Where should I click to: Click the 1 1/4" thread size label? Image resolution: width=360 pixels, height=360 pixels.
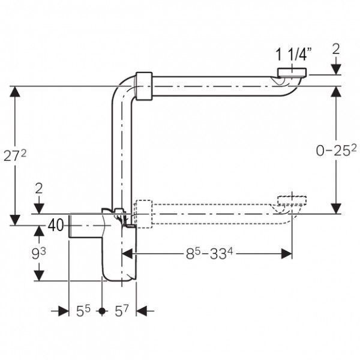point(293,55)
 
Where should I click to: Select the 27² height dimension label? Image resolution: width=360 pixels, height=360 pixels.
point(15,156)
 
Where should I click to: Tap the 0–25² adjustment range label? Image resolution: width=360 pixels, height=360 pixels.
point(337,151)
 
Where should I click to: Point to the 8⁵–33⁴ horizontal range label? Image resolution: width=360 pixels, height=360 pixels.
point(209,254)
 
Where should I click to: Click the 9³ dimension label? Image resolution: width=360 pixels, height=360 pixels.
point(38,253)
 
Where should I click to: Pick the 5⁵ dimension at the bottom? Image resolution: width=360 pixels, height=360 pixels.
point(83,311)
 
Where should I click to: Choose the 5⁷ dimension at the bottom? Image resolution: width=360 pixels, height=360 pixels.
point(121,311)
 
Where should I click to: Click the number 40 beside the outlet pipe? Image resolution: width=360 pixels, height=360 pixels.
point(56,225)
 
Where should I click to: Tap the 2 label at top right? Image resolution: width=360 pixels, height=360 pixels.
point(336,49)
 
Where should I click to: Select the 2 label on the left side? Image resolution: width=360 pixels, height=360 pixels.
point(39,189)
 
